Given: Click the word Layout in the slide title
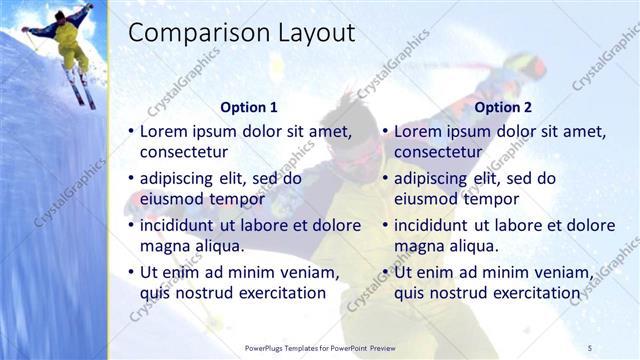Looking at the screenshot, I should click(x=319, y=33).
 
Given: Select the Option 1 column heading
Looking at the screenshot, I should click(x=248, y=107).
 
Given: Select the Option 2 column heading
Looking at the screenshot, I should click(x=503, y=107).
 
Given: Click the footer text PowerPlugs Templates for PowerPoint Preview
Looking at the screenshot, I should click(x=327, y=347).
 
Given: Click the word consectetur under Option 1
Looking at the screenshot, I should click(x=183, y=152).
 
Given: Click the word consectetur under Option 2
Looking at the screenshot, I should click(x=438, y=152).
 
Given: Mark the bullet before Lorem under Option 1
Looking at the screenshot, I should click(x=130, y=131).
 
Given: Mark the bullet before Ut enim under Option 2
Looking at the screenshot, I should click(x=385, y=272).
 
